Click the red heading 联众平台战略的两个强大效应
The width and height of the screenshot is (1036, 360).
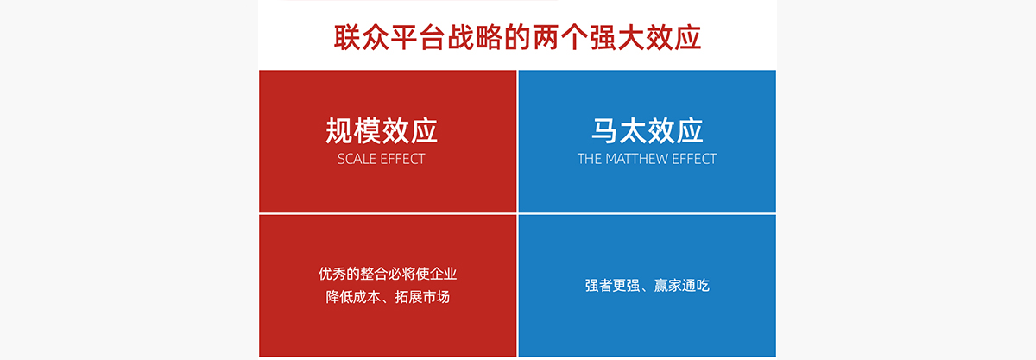coord(517,37)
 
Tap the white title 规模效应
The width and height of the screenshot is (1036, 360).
coord(382,131)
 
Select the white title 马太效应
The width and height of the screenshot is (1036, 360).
coord(647,131)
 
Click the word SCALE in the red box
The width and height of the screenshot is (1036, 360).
coord(356,159)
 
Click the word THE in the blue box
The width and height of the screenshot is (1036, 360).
coord(589,159)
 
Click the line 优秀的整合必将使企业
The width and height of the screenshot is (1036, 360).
coord(388,274)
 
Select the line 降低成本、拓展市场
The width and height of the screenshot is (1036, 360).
coord(388,297)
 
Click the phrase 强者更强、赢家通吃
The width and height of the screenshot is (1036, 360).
coord(647,286)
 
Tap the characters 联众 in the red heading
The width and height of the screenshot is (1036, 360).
coord(362,37)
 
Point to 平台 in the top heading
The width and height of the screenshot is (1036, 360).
coord(418,37)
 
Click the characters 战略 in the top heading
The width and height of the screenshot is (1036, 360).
coord(475,37)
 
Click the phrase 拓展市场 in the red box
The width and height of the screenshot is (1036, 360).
coord(422,297)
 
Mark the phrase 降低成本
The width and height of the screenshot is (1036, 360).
coord(353,297)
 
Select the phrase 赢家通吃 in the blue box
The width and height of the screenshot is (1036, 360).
coord(682,286)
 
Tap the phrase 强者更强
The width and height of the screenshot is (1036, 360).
coord(612,286)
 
